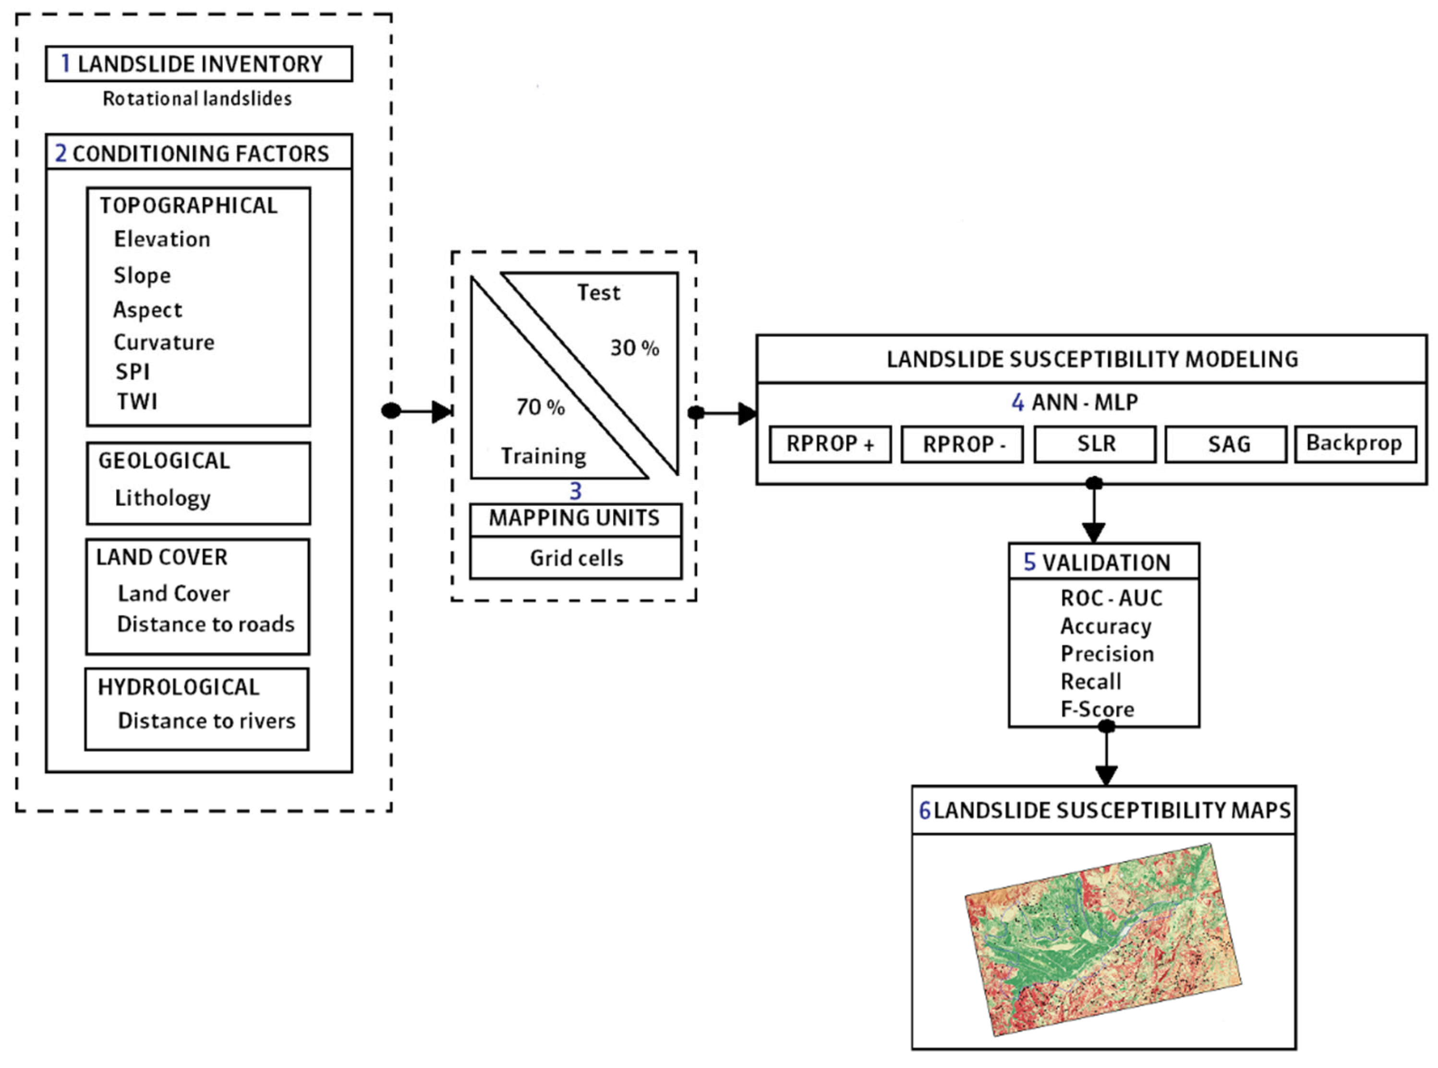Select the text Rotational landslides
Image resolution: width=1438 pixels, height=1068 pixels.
click(197, 99)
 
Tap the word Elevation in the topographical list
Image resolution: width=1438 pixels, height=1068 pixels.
click(162, 239)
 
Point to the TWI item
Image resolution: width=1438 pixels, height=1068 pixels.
click(136, 401)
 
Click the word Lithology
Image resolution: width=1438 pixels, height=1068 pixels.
click(163, 498)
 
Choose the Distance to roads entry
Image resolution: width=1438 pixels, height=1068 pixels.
click(205, 624)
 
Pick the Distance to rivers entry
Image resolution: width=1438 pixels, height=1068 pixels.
click(206, 721)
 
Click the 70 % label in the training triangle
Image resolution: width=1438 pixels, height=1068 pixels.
click(540, 407)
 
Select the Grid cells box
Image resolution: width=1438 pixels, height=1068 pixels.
click(576, 558)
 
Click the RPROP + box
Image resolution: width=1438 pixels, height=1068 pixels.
click(830, 444)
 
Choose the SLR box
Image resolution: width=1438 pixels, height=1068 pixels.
click(1096, 444)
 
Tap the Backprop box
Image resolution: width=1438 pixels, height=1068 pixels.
click(1354, 444)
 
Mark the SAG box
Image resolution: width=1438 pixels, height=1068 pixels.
click(1229, 444)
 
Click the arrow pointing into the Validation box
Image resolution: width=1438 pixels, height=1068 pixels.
click(1094, 517)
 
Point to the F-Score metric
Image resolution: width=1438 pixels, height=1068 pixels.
click(1097, 709)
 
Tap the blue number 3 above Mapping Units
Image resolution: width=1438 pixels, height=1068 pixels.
click(575, 491)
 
